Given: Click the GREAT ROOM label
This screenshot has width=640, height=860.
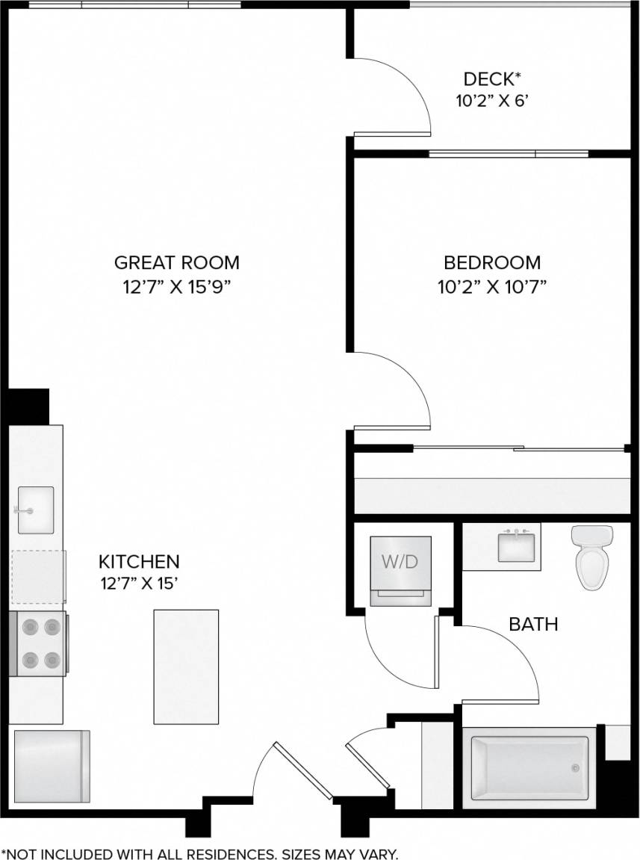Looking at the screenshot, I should coord(177,263).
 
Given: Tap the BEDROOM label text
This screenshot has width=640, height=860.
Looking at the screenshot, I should coord(492,263).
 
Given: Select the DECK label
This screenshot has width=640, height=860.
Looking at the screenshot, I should coord(492,79).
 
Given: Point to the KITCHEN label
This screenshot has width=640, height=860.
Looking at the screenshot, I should coord(140,561).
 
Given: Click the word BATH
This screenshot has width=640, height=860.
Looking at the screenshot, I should coord(533,624).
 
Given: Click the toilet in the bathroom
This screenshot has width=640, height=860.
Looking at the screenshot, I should coord(591,558).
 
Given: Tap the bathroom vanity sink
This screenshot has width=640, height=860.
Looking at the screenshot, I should coord(516,545).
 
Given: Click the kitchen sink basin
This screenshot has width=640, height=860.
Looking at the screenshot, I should coord(36,510).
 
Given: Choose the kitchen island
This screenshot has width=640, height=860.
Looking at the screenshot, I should coord(186,666).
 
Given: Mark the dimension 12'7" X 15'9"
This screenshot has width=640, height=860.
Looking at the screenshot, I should coord(177,287).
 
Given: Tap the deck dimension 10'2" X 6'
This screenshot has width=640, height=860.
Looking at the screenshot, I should coord(492,102).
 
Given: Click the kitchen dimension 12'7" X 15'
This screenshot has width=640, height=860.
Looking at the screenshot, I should coord(140,584).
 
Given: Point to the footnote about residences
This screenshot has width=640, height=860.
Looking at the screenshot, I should coord(200,853).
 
